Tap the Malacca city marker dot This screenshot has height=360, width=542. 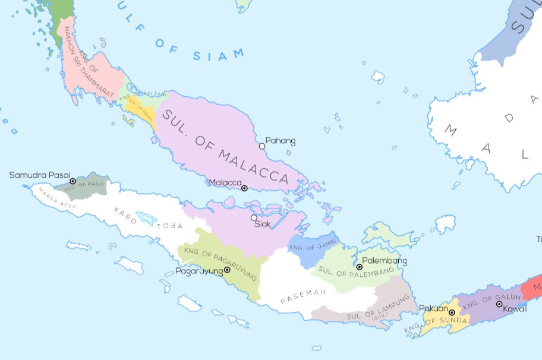pyautogui.click(x=244, y=188)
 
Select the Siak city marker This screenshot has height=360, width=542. pyautogui.click(x=254, y=217)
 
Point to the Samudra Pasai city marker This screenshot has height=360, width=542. pyautogui.click(x=73, y=181)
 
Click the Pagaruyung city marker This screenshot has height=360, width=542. pyautogui.click(x=227, y=270)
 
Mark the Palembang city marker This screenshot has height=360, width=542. pyautogui.click(x=359, y=267)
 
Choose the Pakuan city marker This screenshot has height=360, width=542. pyautogui.click(x=452, y=312)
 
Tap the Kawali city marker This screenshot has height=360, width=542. pyautogui.click(x=499, y=304)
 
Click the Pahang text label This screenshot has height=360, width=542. pyautogui.click(x=280, y=141)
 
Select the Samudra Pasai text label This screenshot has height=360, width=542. pyautogui.click(x=39, y=175)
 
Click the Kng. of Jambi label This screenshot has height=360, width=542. pyautogui.click(x=313, y=244)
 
